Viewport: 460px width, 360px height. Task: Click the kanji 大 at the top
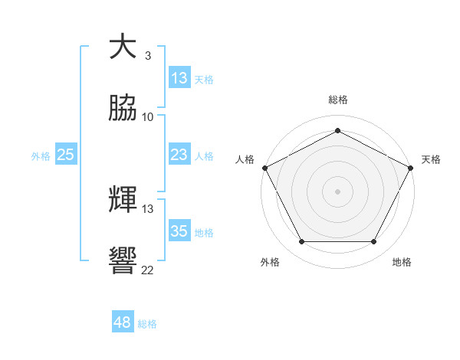click(123, 47)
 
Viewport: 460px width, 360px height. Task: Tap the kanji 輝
click(123, 200)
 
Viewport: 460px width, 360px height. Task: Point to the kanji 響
click(123, 260)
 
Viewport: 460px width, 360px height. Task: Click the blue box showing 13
click(179, 77)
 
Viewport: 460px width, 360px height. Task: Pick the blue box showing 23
click(179, 155)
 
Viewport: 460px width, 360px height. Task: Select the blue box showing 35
click(179, 231)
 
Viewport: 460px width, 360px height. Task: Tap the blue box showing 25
click(66, 155)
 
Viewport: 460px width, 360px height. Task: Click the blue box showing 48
click(123, 322)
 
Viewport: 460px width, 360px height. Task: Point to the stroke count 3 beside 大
click(148, 56)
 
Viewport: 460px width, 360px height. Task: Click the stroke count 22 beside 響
click(148, 270)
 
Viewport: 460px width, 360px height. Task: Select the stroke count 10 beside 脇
click(148, 117)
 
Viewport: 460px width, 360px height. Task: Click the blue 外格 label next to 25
click(41, 156)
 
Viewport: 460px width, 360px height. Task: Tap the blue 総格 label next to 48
click(147, 324)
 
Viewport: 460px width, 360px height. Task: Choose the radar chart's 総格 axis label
click(337, 100)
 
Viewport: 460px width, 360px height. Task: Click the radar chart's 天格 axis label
click(431, 159)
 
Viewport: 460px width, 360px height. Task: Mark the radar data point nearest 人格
click(264, 167)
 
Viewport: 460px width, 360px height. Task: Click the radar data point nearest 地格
click(373, 242)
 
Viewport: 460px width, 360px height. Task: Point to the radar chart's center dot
click(337, 191)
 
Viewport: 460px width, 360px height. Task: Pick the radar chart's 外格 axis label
click(270, 262)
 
